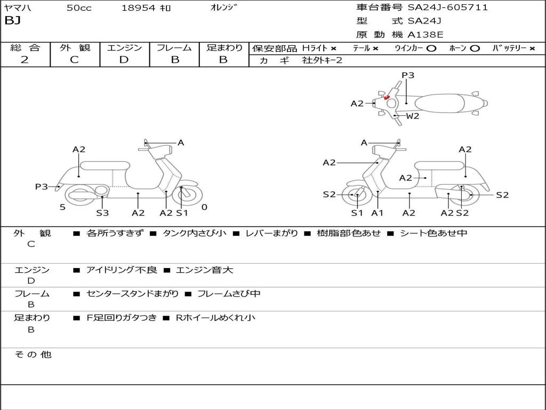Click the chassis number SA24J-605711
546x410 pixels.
tap(448, 7)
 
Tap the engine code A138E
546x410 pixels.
tap(425, 35)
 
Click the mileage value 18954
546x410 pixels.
tap(138, 8)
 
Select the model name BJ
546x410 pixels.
tap(12, 21)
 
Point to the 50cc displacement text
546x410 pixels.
tap(79, 8)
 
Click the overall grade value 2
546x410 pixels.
tap(25, 60)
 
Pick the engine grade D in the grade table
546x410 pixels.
tap(124, 60)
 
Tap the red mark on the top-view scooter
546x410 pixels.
tap(387, 98)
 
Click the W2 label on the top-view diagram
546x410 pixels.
tap(413, 116)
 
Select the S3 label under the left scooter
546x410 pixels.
tap(102, 213)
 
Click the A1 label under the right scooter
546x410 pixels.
tap(378, 213)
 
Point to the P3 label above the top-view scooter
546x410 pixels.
tap(408, 75)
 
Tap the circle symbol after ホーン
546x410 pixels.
tap(475, 48)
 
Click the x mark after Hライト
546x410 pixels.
tap(334, 48)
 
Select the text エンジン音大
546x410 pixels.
tap(204, 270)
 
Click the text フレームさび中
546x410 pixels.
tap(229, 294)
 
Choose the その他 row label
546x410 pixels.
tap(33, 354)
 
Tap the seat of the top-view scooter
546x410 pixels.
tap(440, 104)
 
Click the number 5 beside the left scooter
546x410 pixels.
tap(62, 207)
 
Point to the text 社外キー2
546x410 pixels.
tap(322, 60)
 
